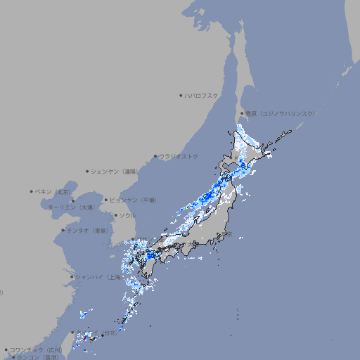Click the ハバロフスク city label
click(202, 95)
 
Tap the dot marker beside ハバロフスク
click(181, 95)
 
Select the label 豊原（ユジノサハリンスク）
click(280, 113)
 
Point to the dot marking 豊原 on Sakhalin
click(242, 113)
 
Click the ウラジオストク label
click(179, 156)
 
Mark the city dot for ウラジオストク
click(155, 156)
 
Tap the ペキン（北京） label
click(53, 191)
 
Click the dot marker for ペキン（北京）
click(32, 191)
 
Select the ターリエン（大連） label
click(71, 207)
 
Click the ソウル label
click(127, 215)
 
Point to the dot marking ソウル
click(115, 215)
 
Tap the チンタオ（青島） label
click(88, 230)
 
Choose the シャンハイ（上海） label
click(98, 277)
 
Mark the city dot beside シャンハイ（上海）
click(72, 277)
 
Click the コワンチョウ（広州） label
click(36, 349)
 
